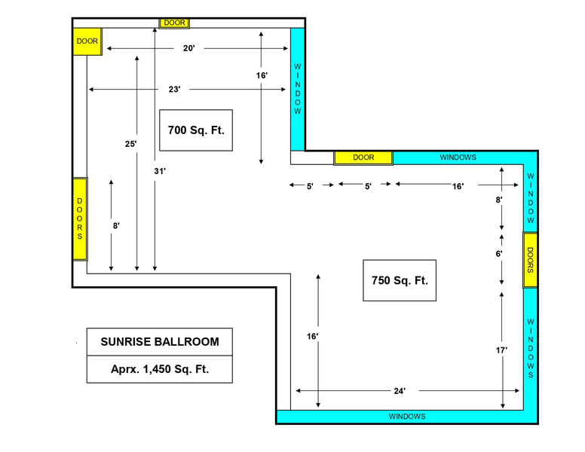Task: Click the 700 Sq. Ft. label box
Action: coord(196,130)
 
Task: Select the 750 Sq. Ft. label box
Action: coord(400,280)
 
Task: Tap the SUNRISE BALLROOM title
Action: coord(160,341)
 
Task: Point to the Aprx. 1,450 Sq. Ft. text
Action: coord(160,369)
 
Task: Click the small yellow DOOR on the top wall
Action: coord(175,23)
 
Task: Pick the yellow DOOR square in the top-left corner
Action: coord(87,41)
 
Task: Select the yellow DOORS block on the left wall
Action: coord(80,219)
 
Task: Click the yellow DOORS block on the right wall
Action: coord(530,260)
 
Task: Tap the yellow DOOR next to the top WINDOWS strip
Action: coord(363,157)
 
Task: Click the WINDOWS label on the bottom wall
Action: coord(407,417)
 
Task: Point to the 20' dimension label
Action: coord(188,48)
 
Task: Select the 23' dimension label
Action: coord(174,90)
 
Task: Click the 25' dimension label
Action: coord(130,144)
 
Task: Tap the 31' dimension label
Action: coord(160,171)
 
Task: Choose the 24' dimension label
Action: coord(400,391)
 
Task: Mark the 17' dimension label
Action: coord(501,350)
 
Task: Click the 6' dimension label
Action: coord(499,254)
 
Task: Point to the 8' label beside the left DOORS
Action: coord(116,226)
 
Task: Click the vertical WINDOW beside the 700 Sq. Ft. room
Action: coord(298,89)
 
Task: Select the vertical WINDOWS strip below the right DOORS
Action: coord(530,349)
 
